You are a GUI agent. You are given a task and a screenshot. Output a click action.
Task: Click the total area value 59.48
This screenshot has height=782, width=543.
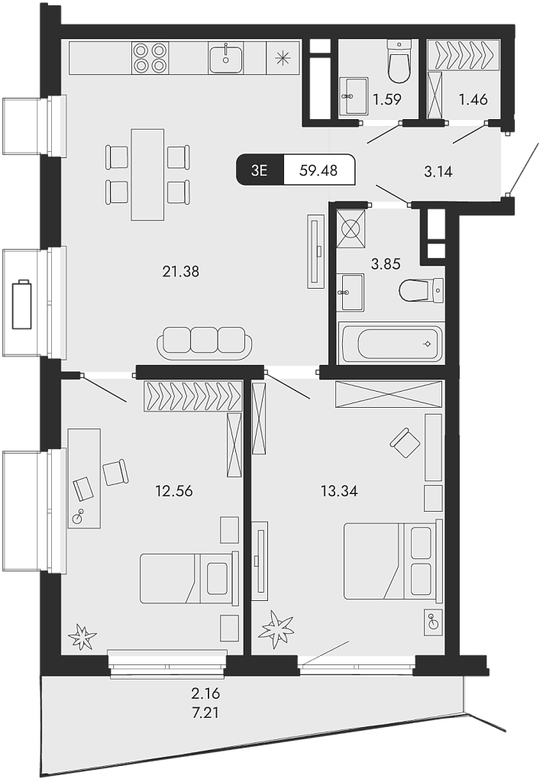(319, 170)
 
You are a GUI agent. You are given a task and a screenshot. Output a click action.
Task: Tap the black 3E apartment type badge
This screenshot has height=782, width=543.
(260, 170)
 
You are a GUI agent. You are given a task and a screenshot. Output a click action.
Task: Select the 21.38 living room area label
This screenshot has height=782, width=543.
(181, 270)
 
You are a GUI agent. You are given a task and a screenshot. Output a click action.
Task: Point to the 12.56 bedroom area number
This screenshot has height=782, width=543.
(174, 491)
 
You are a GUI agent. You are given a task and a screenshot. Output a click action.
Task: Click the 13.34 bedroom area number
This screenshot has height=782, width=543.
(339, 491)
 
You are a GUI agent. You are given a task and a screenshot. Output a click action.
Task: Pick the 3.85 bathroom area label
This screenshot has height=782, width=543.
(386, 264)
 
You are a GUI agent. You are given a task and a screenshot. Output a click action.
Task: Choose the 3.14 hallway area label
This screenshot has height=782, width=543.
(438, 172)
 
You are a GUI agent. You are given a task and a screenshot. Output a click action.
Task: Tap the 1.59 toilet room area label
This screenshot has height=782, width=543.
(386, 99)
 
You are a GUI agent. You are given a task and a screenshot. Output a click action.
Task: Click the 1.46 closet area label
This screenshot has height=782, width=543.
(473, 99)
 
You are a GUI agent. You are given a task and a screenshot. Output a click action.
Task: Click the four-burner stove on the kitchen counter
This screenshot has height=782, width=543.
(150, 58)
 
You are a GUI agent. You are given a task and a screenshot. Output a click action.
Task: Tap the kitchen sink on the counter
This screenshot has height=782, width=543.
(226, 58)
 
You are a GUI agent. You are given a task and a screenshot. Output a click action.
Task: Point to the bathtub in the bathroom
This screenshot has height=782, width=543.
(391, 344)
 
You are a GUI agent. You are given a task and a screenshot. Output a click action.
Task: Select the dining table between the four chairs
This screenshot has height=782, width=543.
(148, 174)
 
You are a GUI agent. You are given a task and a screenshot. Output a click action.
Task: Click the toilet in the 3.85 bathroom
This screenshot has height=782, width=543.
(421, 290)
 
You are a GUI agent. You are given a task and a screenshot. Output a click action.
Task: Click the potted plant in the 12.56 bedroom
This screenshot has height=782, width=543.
(82, 635)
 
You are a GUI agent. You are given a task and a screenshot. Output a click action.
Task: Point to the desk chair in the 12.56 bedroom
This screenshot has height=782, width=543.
(116, 472)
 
